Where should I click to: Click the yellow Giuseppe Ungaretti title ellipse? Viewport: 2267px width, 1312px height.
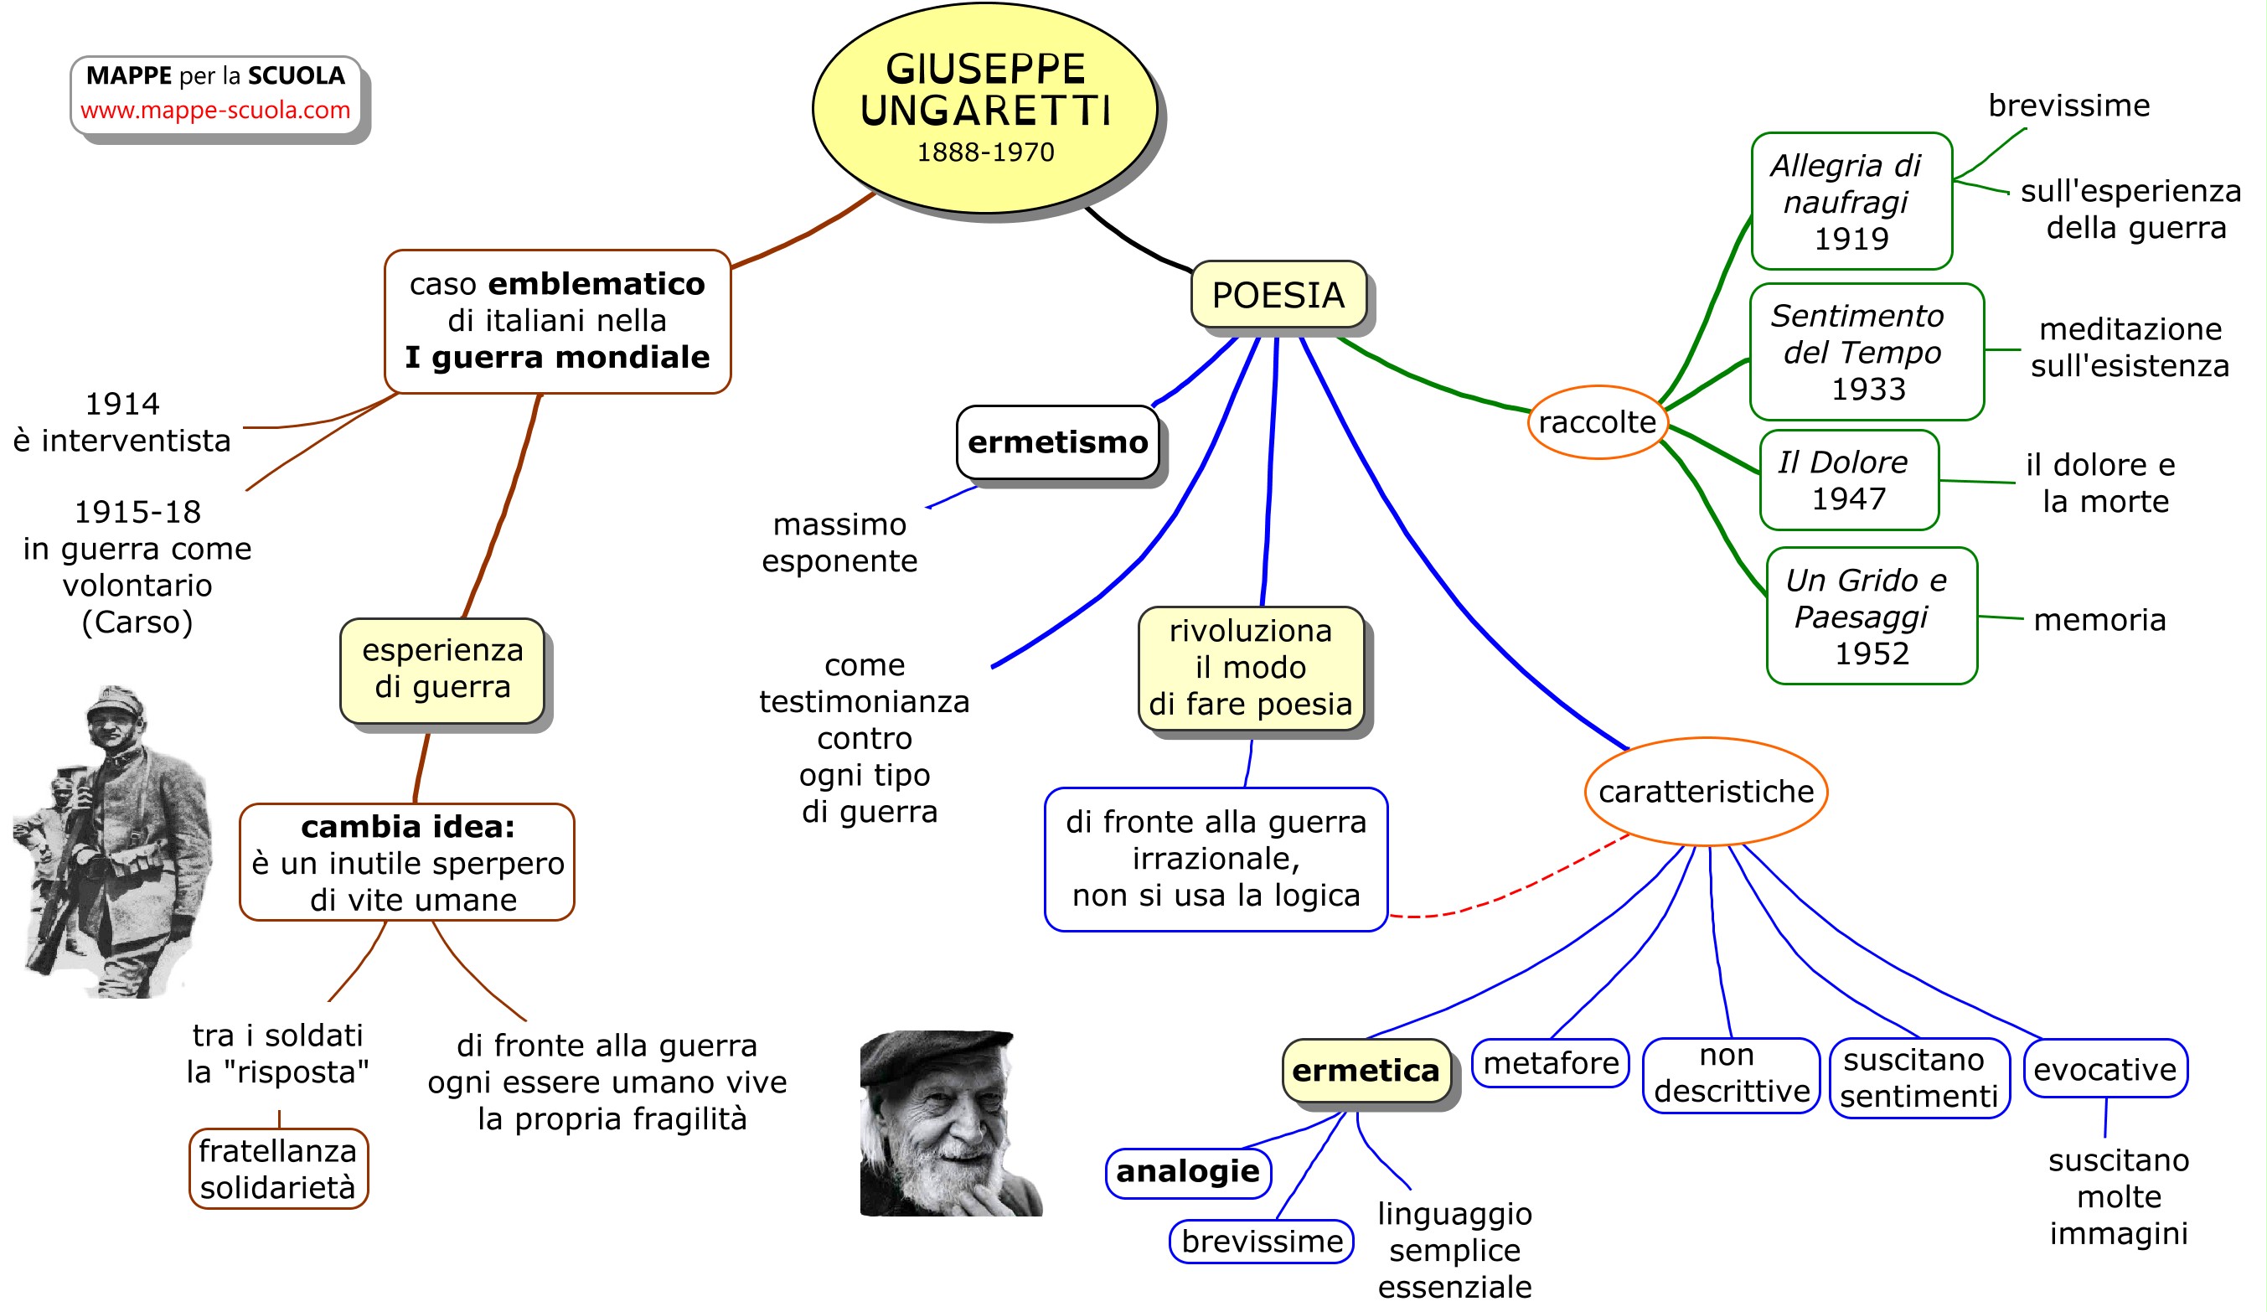point(984,108)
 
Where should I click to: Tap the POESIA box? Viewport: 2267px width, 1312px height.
point(1278,295)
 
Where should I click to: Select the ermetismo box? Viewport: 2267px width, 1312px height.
point(1057,442)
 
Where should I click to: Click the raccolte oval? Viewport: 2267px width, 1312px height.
point(1597,422)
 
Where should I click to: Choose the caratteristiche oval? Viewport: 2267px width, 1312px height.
point(1706,792)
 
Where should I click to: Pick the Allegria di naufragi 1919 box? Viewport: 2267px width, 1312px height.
point(1851,202)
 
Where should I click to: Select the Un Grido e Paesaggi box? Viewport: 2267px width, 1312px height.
point(1872,617)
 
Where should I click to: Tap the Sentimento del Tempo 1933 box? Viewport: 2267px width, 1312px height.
point(1867,352)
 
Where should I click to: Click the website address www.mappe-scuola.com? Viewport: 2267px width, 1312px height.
point(215,111)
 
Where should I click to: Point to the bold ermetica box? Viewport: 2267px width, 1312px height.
point(1366,1071)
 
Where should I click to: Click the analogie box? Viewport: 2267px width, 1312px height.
point(1187,1171)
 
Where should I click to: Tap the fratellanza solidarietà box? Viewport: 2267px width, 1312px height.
point(278,1169)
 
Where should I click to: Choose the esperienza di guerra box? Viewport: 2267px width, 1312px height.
point(442,669)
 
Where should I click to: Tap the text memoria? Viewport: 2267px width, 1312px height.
point(2099,620)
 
